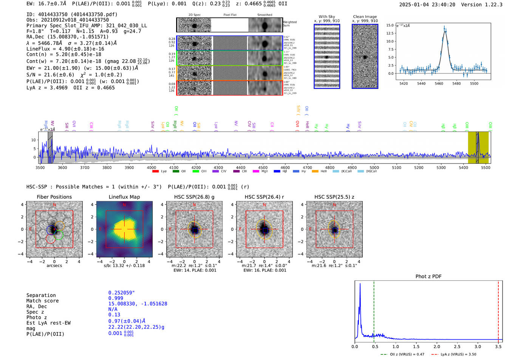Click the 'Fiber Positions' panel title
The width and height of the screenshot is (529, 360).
tap(54, 197)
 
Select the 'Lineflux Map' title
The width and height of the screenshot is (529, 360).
tap(124, 197)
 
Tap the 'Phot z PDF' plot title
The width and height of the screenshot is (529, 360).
tap(428, 276)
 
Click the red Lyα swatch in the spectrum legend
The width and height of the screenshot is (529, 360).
tap(155, 172)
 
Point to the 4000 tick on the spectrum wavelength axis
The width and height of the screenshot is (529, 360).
tap(152, 167)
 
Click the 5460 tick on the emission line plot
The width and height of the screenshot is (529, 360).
tap(439, 83)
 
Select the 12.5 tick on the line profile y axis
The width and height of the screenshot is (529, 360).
tap(389, 33)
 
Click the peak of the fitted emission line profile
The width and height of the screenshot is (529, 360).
tap(445, 31)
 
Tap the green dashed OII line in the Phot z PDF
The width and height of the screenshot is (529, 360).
tap(374, 310)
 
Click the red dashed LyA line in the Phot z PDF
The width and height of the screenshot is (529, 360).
tap(498, 310)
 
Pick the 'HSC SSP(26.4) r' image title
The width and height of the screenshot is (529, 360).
tap(264, 197)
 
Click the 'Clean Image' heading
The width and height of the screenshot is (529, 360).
tap(365, 17)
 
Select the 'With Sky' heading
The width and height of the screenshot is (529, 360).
tap(326, 17)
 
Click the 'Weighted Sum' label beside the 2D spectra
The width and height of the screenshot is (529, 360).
tap(290, 24)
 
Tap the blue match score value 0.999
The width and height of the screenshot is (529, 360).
tap(116, 298)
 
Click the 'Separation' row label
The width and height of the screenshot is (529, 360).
tap(41, 295)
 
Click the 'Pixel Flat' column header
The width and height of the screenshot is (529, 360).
tap(230, 15)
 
